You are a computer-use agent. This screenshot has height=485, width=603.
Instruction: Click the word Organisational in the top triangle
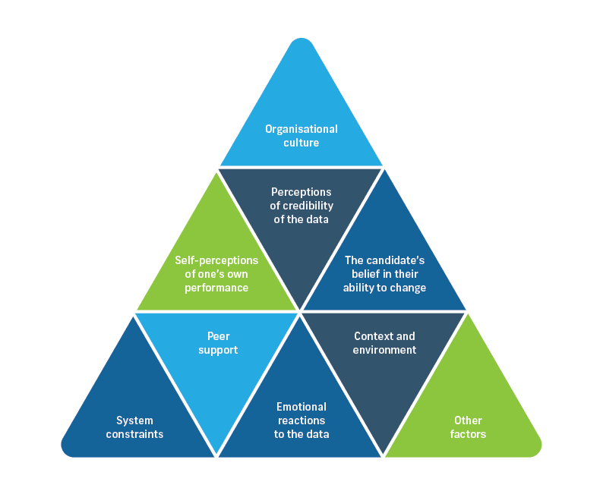pyautogui.click(x=301, y=129)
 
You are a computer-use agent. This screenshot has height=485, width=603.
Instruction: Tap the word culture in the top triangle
pyautogui.click(x=301, y=143)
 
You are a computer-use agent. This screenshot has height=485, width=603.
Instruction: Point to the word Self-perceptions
pyautogui.click(x=217, y=260)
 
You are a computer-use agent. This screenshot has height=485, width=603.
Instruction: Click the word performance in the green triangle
pyautogui.click(x=216, y=288)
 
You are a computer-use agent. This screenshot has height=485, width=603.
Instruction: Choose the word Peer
pyautogui.click(x=217, y=336)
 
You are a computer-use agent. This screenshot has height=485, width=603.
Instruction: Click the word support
pyautogui.click(x=217, y=350)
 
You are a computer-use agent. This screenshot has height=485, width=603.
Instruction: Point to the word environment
pyautogui.click(x=385, y=350)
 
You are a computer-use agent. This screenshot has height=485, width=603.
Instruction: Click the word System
pyautogui.click(x=134, y=420)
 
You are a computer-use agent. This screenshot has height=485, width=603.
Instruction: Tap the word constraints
pyautogui.click(x=134, y=434)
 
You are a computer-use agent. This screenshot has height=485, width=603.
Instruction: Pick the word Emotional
pyautogui.click(x=301, y=407)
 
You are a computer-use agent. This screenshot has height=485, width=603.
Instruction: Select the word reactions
pyautogui.click(x=301, y=420)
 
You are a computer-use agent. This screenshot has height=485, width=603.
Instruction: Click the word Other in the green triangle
pyautogui.click(x=468, y=420)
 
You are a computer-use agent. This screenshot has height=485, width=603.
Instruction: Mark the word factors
pyautogui.click(x=468, y=434)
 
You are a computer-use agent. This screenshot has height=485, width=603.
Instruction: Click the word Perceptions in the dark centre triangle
pyautogui.click(x=301, y=192)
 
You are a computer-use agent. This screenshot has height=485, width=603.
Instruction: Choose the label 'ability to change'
pyautogui.click(x=385, y=288)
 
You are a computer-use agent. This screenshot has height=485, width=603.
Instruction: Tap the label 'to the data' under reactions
pyautogui.click(x=301, y=434)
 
